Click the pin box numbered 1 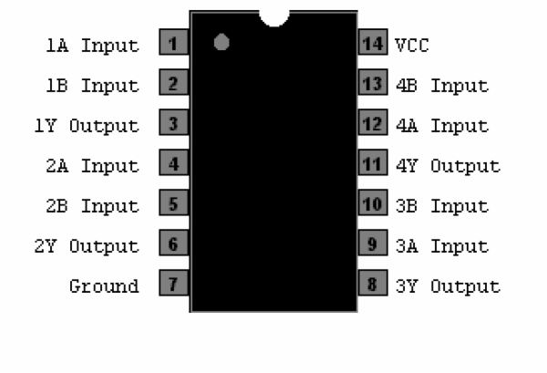tap(174, 42)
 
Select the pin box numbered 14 tap(373, 42)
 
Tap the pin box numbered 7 tap(174, 283)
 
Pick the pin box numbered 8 tap(373, 283)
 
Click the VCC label tap(412, 46)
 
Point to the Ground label tap(104, 286)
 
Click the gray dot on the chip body tap(222, 42)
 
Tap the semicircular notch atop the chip tap(274, 18)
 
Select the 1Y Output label tap(87, 126)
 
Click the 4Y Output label tap(449, 166)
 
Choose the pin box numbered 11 tap(373, 162)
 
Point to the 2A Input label tap(92, 166)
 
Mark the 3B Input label tap(442, 206)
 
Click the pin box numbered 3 tap(174, 122)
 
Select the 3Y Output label tap(449, 286)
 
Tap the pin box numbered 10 tap(373, 202)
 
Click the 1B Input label tap(92, 86)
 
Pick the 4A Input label tap(442, 126)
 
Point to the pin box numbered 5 tap(174, 202)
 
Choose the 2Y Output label tap(87, 246)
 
